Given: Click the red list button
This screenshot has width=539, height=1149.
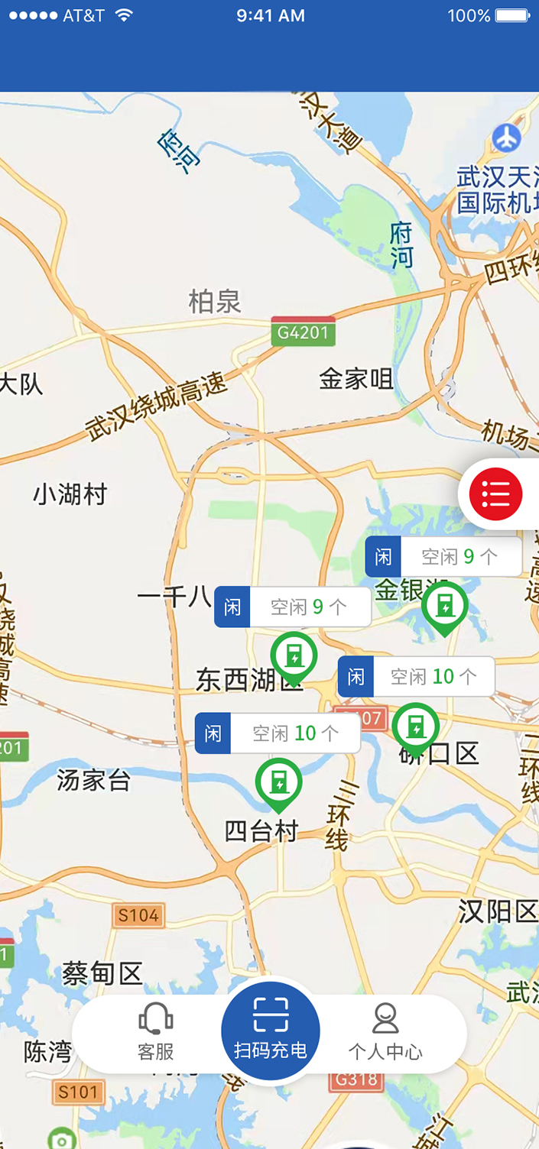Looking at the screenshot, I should coord(495,494).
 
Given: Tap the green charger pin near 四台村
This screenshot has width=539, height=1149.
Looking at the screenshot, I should coord(278,782).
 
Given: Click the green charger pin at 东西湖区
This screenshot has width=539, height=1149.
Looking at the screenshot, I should coord(294,655).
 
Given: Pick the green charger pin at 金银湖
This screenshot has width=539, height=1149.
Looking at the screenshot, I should coord(445,605).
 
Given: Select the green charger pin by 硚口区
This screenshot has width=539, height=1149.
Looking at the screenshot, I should coord(415,726).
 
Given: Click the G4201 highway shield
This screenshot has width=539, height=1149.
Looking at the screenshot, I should coord(304,332).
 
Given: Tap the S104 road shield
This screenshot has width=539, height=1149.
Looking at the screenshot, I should coord(138,914).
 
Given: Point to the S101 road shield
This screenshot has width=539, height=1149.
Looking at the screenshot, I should coord(79,1092).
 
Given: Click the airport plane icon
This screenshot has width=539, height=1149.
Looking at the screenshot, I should coord(506,138).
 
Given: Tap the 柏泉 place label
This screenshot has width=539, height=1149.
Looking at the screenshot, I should coord(215,302).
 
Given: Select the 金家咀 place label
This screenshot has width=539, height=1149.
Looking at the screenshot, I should coord(356,378).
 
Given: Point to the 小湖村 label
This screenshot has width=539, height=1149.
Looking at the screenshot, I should coord(70,495).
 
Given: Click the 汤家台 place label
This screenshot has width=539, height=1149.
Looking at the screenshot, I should coord(94,781).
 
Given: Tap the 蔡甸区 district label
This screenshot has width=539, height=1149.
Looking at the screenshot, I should coord(102,974).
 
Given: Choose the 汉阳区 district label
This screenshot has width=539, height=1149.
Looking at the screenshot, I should coord(498,911).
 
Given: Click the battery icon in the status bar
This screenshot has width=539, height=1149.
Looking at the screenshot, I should coord(511,15).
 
